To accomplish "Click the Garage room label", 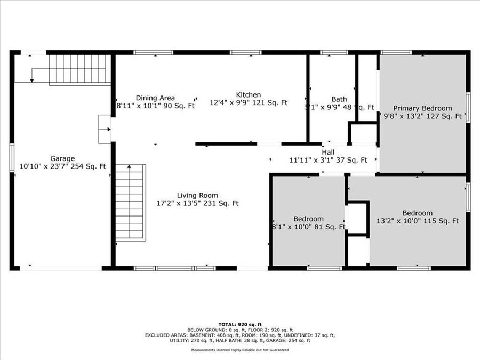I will pos(62,158).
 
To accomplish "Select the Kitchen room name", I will pos(249,94).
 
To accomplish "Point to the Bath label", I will pos(339,99).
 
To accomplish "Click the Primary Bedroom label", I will pos(422,108).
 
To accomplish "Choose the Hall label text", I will pos(328,151).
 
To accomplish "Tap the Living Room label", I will pos(197,195).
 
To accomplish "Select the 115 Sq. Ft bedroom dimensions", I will pos(418,221).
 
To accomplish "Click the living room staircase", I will pos(130,203).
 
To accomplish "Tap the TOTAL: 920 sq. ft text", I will pos(240,324).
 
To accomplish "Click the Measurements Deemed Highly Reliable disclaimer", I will pos(240,350).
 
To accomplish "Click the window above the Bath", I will pos(334,52).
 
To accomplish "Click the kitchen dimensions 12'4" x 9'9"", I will pos(249,102).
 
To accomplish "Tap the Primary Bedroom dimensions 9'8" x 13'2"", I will pos(422,116).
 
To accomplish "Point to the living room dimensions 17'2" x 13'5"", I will pos(197,203).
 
